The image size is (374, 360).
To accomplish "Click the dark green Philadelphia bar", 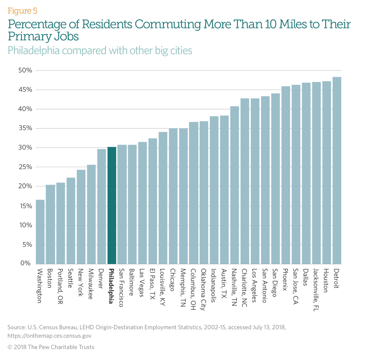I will (x=112, y=205).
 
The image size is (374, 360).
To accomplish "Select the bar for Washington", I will (x=40, y=232).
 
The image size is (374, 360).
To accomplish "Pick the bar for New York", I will (x=81, y=217).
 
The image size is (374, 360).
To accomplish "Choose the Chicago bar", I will (x=173, y=196).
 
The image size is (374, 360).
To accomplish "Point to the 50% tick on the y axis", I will (x=26, y=71).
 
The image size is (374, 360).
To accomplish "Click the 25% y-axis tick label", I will (x=26, y=167).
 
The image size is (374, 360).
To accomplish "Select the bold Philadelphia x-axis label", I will (x=111, y=287).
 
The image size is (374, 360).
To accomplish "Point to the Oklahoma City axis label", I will (x=204, y=290).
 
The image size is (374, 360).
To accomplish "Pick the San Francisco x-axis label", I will (x=122, y=288).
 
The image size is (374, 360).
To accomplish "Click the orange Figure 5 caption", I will (x=22, y=10).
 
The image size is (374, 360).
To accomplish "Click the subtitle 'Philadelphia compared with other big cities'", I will (x=100, y=50).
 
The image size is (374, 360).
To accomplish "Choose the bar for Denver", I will (x=102, y=206).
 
